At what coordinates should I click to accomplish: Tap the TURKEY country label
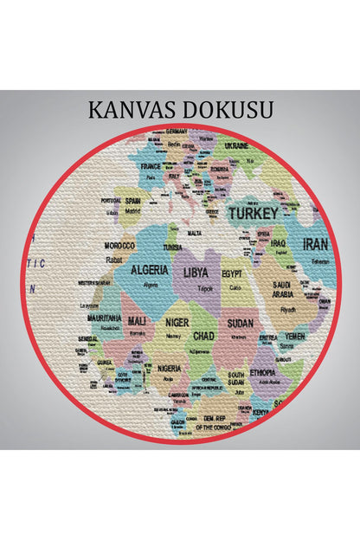coord(253,212)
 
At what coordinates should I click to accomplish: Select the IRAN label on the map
coord(315,245)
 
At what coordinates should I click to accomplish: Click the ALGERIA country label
coord(150,270)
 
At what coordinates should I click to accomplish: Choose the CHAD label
coord(203,335)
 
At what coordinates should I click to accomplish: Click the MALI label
coord(137,321)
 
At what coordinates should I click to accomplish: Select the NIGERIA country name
coord(170,368)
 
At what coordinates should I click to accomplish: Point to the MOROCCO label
coord(119,246)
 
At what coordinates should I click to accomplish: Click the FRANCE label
coord(151,165)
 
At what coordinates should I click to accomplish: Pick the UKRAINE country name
coord(236,145)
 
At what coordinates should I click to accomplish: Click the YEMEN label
coord(294,336)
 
